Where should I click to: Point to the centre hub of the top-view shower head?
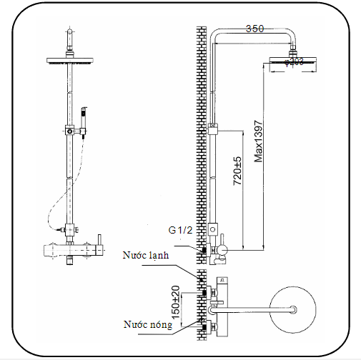[294, 310]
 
